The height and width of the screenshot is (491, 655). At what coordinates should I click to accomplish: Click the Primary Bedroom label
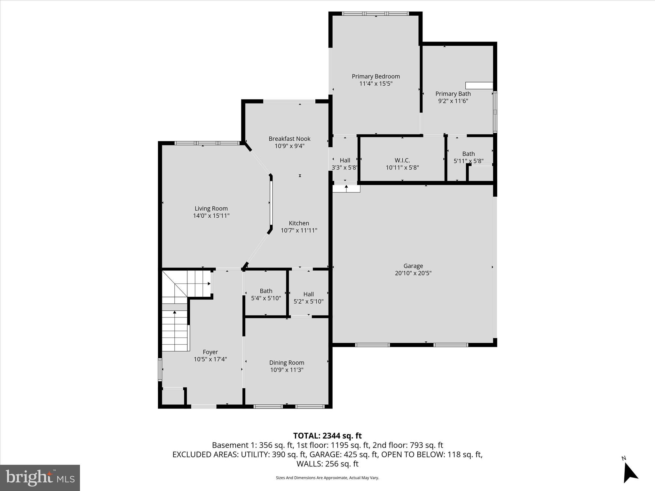(x=376, y=76)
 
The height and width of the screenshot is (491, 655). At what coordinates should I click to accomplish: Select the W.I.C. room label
(x=402, y=160)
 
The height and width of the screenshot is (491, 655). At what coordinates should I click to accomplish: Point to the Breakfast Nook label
(x=289, y=139)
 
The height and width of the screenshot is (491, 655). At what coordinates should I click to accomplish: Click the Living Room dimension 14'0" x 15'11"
(x=211, y=216)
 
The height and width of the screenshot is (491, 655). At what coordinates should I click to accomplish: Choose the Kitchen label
(x=299, y=223)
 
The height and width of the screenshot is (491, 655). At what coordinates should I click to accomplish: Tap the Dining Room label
(x=287, y=363)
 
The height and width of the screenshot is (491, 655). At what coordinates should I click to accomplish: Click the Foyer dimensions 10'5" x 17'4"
(x=210, y=359)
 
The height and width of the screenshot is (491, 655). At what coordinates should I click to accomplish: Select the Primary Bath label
(x=453, y=94)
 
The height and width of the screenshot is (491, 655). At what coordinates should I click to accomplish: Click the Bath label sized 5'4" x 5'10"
(x=266, y=291)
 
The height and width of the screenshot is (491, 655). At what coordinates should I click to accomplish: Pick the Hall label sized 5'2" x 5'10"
(x=308, y=294)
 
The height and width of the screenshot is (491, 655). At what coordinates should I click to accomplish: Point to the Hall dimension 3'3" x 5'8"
(x=344, y=168)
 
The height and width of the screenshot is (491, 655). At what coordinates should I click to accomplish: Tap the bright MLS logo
(x=40, y=478)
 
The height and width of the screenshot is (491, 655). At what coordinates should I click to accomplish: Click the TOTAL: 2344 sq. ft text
(x=327, y=436)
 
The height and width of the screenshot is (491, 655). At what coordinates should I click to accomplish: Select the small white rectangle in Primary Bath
(x=479, y=86)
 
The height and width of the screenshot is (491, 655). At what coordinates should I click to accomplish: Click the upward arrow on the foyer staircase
(x=175, y=312)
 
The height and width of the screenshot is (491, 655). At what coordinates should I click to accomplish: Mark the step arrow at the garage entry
(x=346, y=187)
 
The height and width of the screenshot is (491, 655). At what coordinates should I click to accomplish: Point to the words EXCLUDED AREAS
(x=204, y=455)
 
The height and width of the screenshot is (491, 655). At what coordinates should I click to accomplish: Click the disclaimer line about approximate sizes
(x=327, y=478)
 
